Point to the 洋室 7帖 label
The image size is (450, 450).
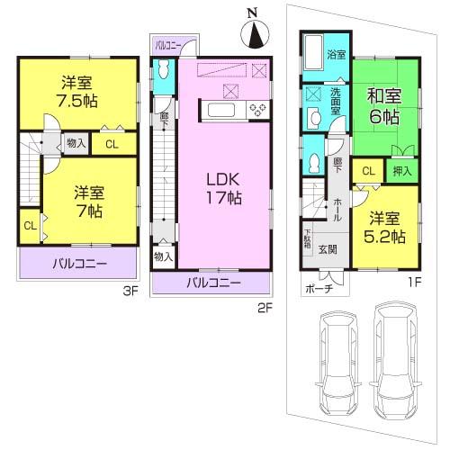87,200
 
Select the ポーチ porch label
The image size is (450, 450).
318,291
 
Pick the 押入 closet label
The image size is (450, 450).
401,170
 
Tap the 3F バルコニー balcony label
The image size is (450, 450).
78,264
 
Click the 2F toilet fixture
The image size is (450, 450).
162,70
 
